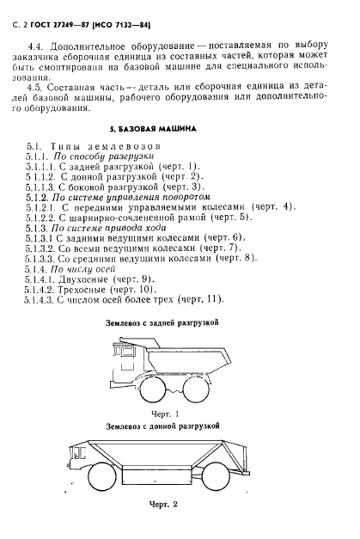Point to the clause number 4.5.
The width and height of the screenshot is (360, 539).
[x=38, y=87]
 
